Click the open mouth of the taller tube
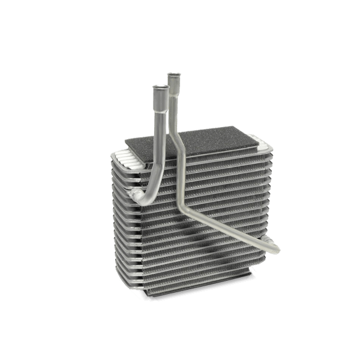coord(175,74)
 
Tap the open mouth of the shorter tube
coord(160,87)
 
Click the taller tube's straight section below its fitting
coord(173,105)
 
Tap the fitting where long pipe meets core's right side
coord(264,240)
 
